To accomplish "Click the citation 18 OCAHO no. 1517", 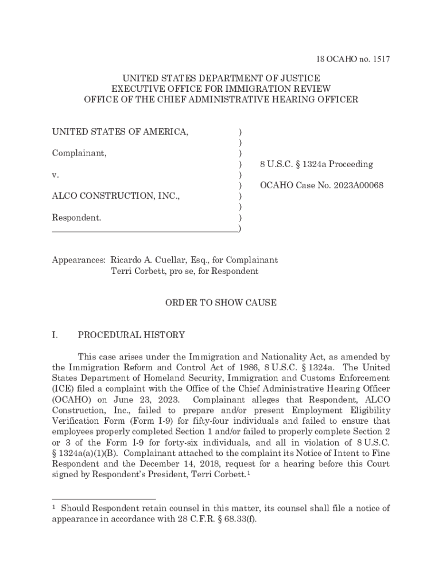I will (x=354, y=59).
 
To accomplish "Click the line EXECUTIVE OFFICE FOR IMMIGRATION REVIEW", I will (x=221, y=88).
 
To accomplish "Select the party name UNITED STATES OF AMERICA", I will (x=120, y=132).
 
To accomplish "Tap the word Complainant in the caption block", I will (x=79, y=153).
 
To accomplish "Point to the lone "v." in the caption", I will (x=56, y=175).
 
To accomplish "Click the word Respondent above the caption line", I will (x=76, y=218).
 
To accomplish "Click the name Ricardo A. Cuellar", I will (x=149, y=260).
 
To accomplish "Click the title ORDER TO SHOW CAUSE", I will (x=221, y=303).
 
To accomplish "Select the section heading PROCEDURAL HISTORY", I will (x=131, y=335).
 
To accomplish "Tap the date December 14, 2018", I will (x=189, y=464).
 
